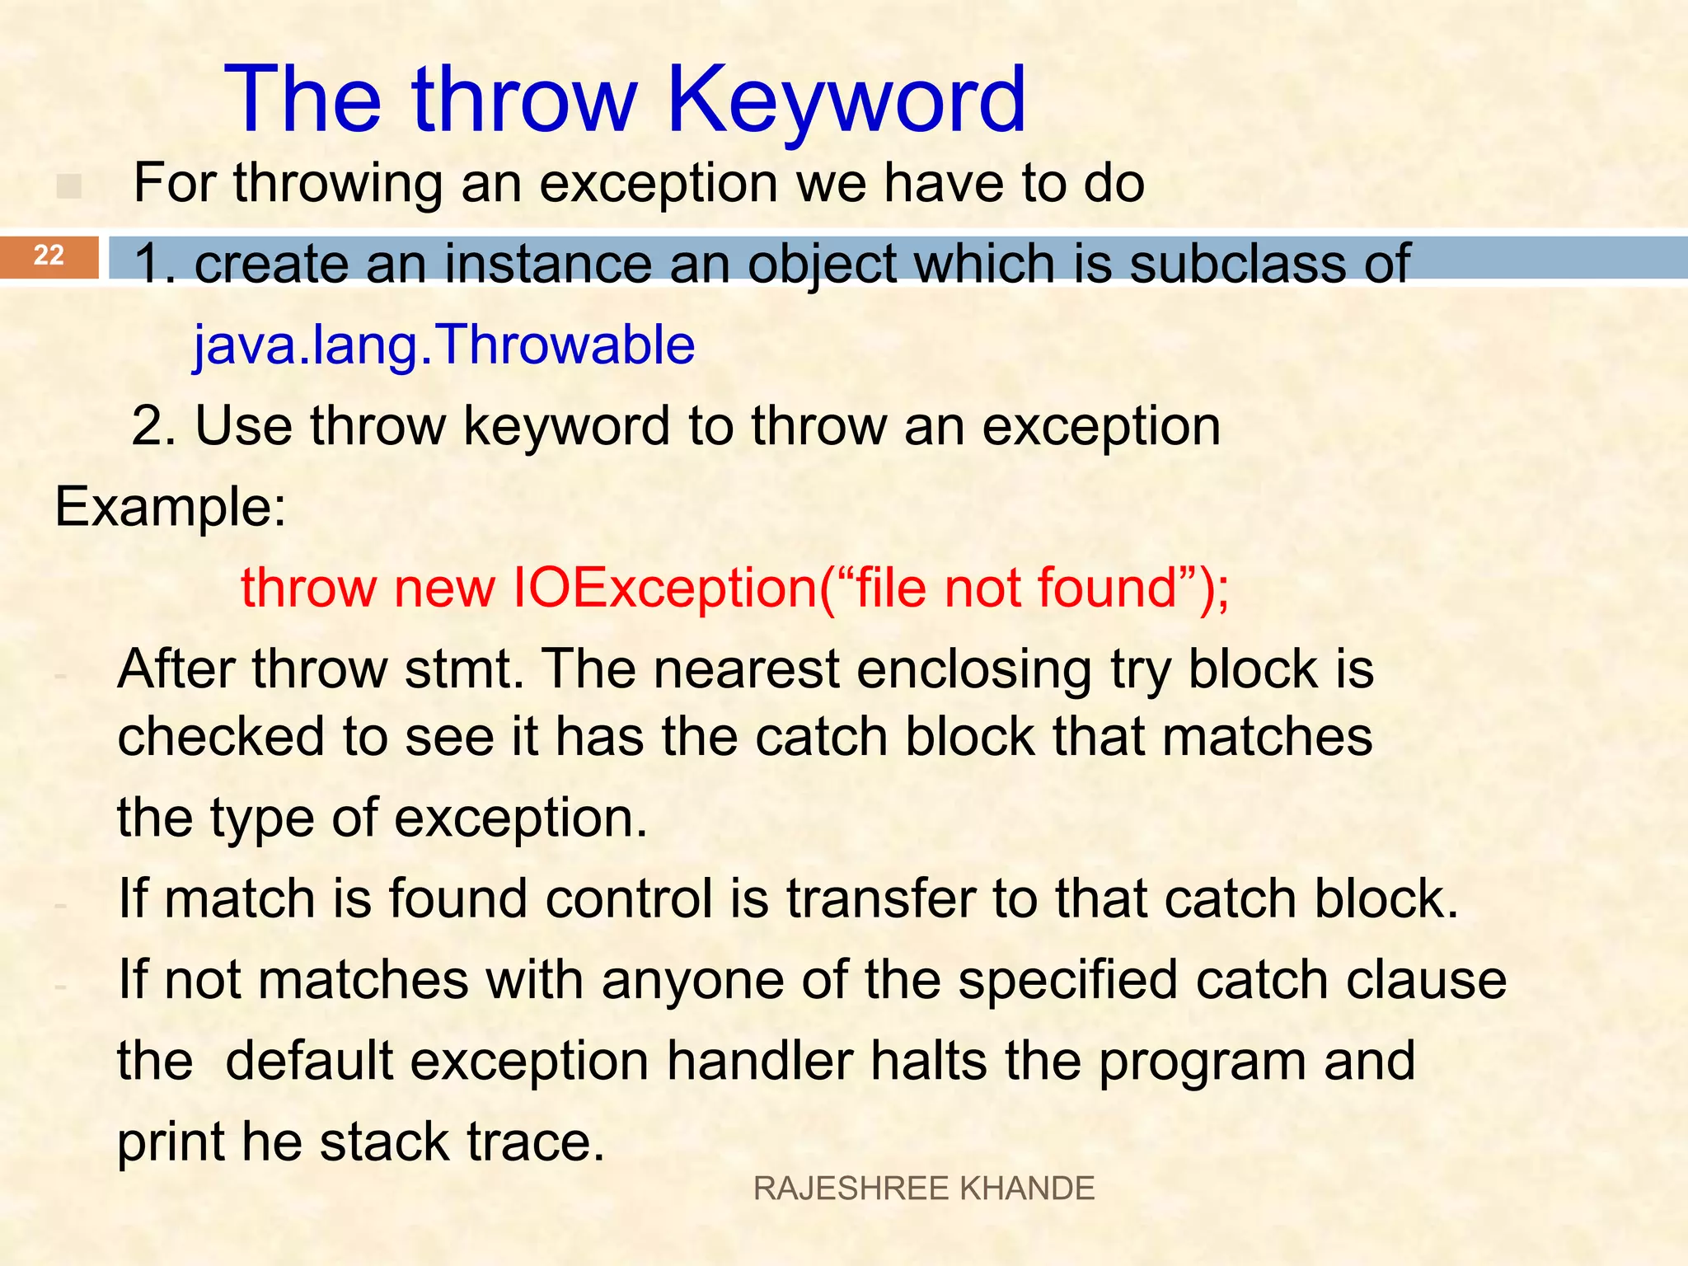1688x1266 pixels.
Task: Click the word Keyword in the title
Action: [846, 101]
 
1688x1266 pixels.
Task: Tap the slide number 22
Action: [49, 256]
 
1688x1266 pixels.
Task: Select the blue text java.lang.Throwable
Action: [444, 345]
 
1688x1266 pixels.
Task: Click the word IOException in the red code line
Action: [664, 588]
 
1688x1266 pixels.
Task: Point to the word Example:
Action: [171, 507]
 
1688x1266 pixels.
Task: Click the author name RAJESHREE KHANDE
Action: [924, 1189]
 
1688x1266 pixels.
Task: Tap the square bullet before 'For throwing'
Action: [69, 186]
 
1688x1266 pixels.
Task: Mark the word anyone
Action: [692, 980]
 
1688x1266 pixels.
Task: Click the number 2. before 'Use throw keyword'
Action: [154, 426]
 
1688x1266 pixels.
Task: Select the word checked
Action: [220, 736]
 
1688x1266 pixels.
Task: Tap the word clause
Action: [1426, 980]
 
